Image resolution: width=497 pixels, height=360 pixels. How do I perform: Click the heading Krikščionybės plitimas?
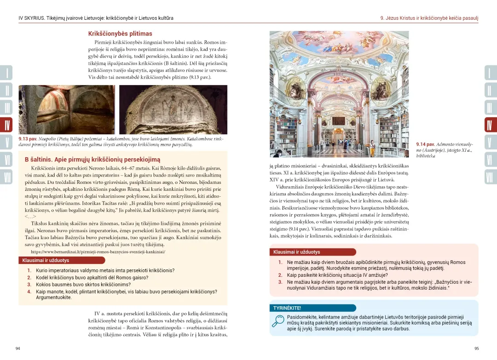[x=120, y=34]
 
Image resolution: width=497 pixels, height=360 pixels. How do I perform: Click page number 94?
[x=17, y=349]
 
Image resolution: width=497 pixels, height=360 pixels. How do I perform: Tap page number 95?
[x=476, y=349]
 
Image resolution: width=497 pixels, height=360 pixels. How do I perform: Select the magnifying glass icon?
[x=277, y=320]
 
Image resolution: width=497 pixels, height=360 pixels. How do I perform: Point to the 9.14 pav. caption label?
[x=425, y=144]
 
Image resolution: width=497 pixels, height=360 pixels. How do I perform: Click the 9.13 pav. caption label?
[x=27, y=139]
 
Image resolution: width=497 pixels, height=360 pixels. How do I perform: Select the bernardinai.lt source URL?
[x=98, y=252]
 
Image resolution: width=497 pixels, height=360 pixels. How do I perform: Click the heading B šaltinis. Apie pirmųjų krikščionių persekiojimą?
[x=92, y=160]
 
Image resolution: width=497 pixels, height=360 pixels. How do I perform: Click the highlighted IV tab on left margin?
[x=7, y=125]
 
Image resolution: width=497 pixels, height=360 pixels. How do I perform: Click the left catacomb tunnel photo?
[x=67, y=109]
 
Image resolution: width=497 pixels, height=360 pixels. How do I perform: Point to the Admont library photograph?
[x=339, y=94]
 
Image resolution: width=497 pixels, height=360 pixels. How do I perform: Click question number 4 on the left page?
[x=29, y=291]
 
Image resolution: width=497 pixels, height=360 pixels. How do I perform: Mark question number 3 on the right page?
[x=280, y=282]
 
